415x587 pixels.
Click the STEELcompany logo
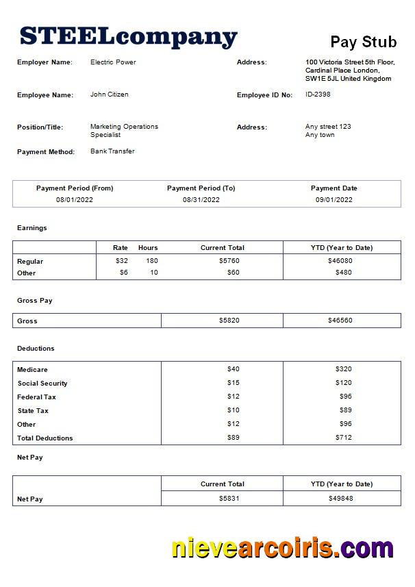(x=128, y=36)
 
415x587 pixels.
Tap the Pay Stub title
(x=364, y=42)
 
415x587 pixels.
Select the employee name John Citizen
(x=109, y=95)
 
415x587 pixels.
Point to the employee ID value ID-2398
(x=318, y=95)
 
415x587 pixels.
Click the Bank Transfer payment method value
(x=112, y=151)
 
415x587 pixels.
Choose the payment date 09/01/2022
(x=334, y=200)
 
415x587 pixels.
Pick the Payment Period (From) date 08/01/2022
(x=75, y=200)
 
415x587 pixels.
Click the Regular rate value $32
(x=122, y=261)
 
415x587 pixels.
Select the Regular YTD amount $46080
(x=340, y=261)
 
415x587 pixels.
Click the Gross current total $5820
(x=229, y=321)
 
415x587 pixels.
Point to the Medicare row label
(x=32, y=370)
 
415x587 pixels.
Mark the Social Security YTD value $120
(x=343, y=383)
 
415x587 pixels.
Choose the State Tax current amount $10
(x=234, y=410)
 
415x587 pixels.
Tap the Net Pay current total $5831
(x=229, y=499)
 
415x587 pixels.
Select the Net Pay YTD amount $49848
(x=340, y=499)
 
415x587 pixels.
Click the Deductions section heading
(x=36, y=349)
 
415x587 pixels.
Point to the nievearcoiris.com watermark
(x=282, y=549)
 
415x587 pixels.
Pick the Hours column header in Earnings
(x=148, y=248)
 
